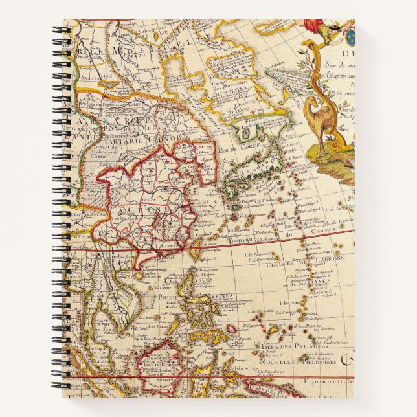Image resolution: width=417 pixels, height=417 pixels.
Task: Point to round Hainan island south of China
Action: pos(138,275)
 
